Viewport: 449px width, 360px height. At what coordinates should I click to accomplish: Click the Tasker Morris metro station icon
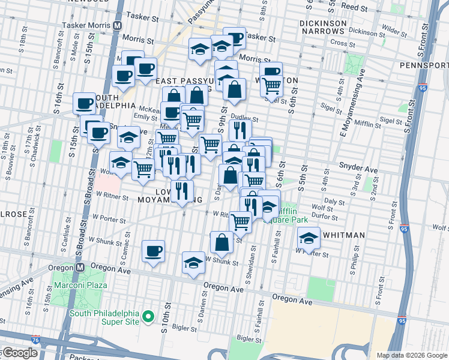[118, 26]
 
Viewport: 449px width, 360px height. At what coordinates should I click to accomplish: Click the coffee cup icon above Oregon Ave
[153, 251]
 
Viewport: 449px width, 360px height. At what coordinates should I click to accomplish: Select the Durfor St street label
[327, 217]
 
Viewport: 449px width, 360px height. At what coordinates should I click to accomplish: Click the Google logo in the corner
[20, 353]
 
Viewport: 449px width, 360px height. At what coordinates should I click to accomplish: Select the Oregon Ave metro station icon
[79, 267]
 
